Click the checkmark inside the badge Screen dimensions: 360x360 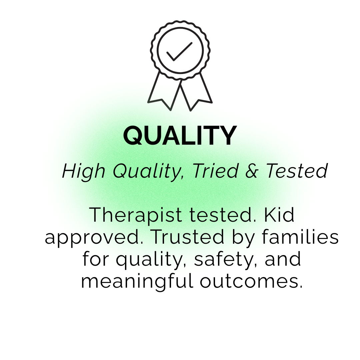coord(179,52)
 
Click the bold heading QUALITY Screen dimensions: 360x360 coord(180,136)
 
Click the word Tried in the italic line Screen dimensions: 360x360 coord(216,171)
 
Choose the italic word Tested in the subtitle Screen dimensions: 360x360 coord(297,171)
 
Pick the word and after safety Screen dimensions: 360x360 coord(283,259)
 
